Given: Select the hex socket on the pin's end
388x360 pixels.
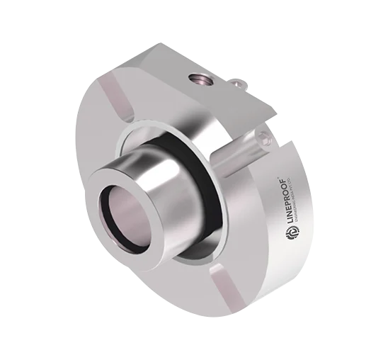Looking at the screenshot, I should coord(266,139).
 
